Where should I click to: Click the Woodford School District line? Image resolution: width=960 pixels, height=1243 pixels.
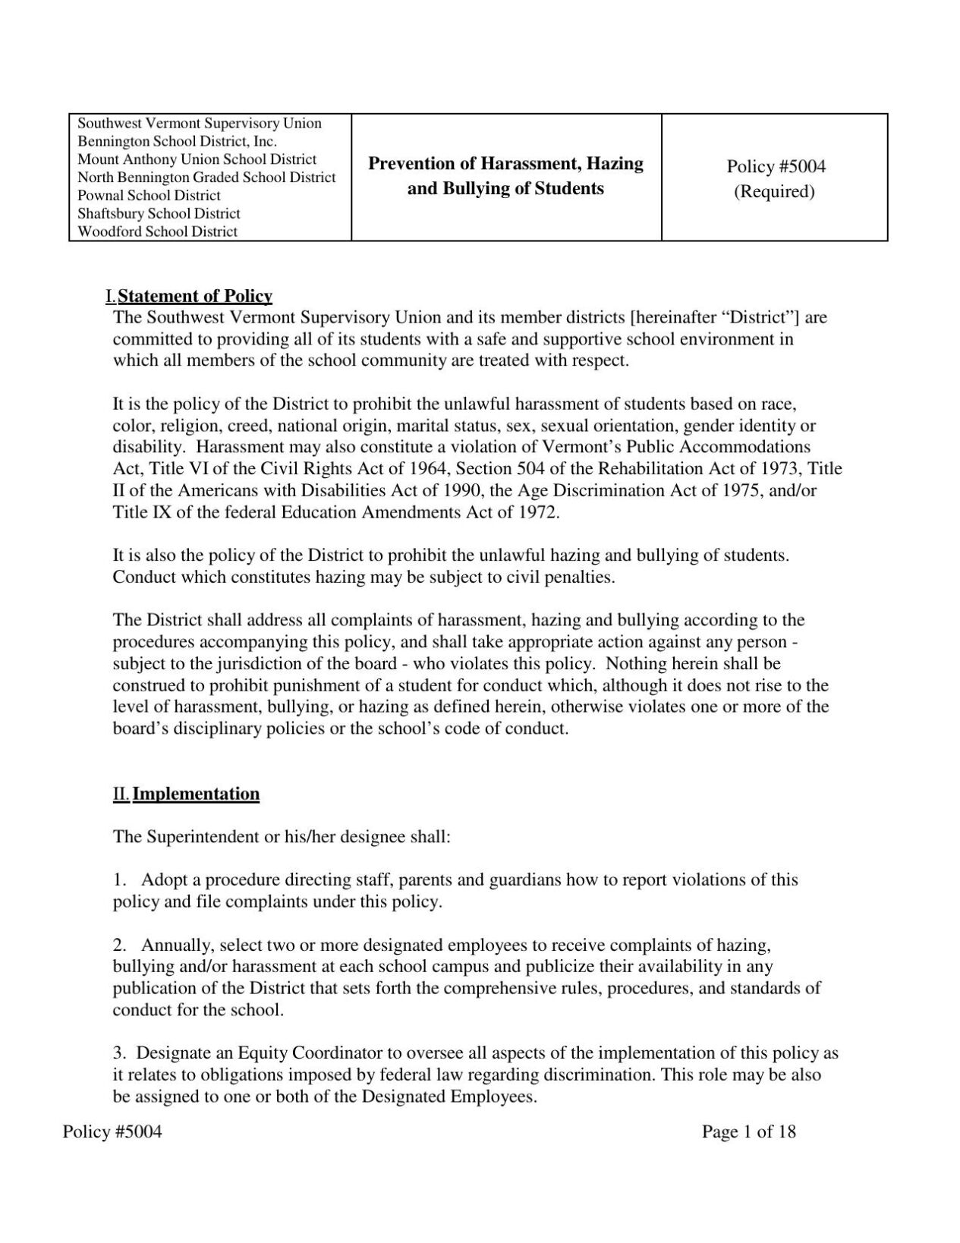coord(158,232)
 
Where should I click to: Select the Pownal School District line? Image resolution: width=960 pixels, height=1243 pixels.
coord(150,196)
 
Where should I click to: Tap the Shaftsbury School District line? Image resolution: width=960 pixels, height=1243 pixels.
coord(159,214)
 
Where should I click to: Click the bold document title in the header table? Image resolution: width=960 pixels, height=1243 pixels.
coord(505,176)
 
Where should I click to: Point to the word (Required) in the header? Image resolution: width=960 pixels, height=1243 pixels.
coord(773,191)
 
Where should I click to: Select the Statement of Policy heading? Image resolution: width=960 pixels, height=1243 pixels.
coord(195,296)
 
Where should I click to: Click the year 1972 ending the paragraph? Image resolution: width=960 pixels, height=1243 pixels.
coord(538,512)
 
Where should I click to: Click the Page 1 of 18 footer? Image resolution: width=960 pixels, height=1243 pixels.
coord(748,1132)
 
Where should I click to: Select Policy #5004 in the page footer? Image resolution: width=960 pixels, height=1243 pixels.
coord(112,1132)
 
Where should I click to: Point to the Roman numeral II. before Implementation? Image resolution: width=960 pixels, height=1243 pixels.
coord(121,795)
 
